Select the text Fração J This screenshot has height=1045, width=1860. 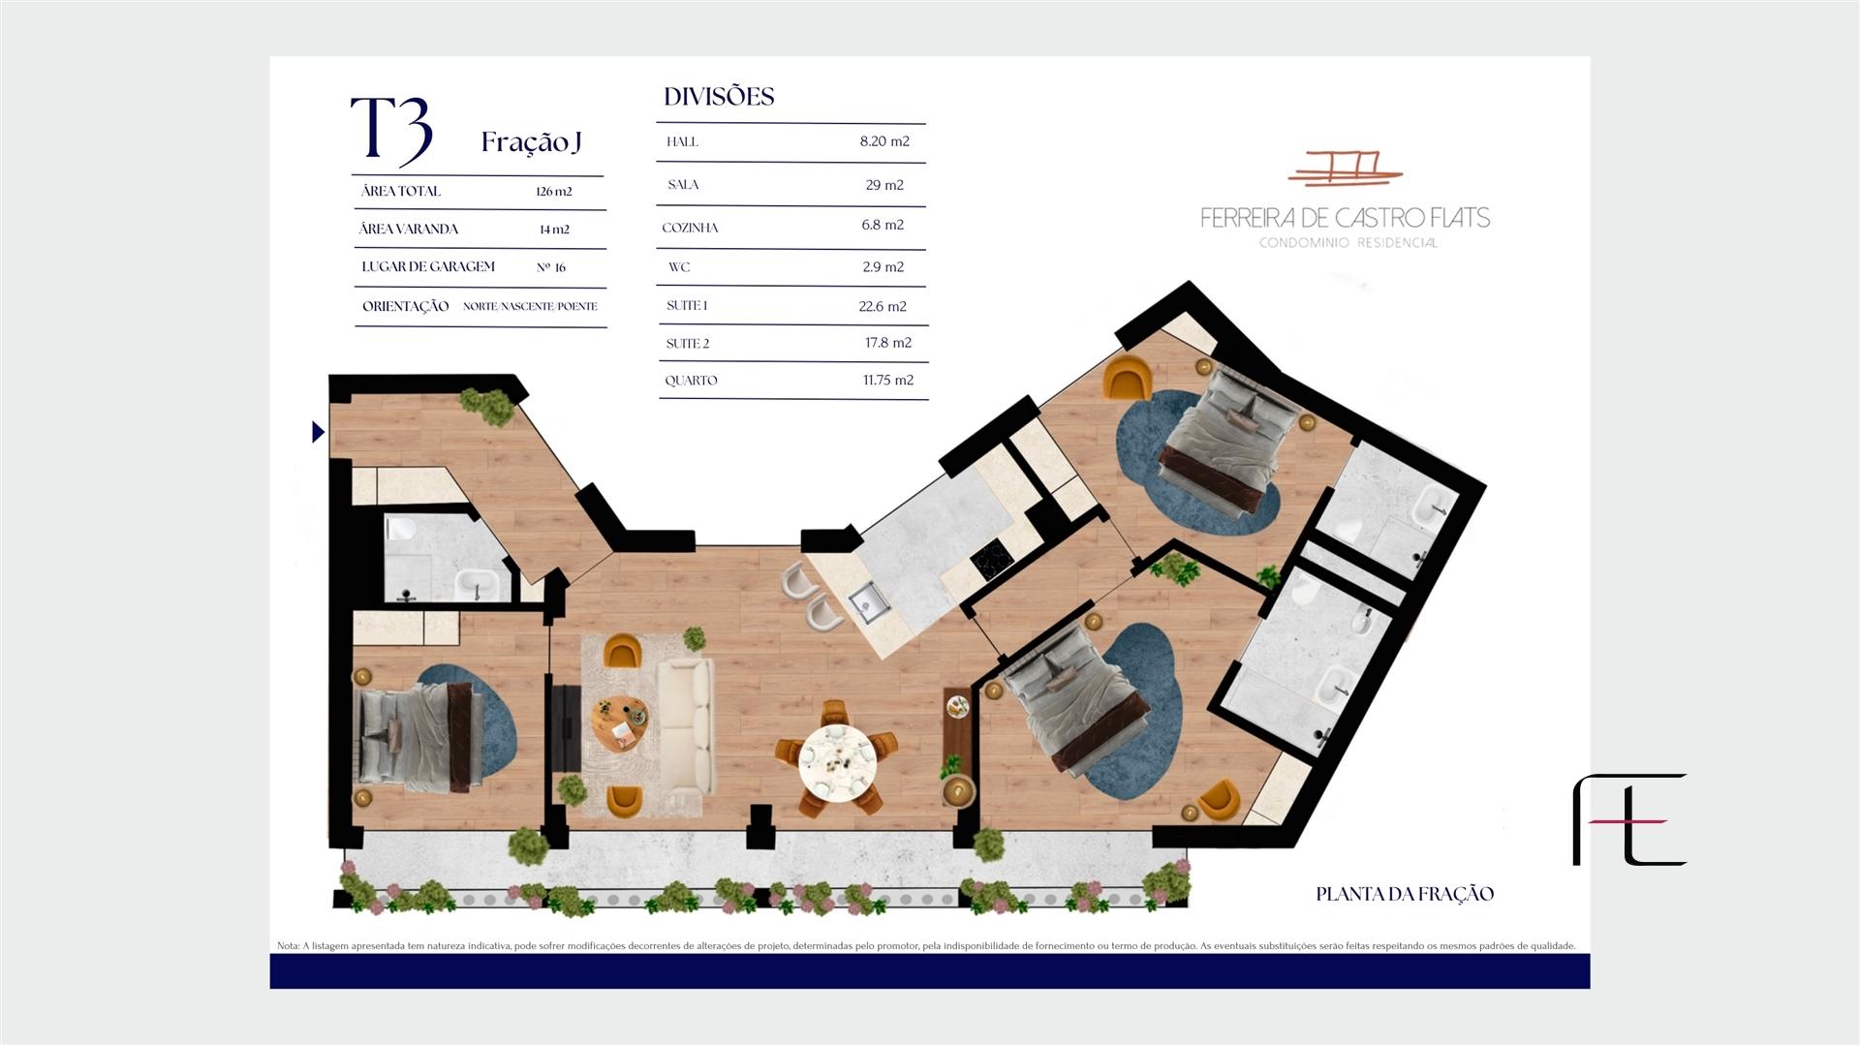pyautogui.click(x=531, y=142)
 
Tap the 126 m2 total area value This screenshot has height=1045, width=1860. pyautogui.click(x=554, y=192)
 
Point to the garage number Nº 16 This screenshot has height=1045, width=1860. pyautogui.click(x=551, y=267)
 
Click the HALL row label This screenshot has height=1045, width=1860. pyautogui.click(x=682, y=142)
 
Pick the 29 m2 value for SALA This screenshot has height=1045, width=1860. pyautogui.click(x=884, y=185)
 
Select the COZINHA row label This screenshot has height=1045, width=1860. pyautogui.click(x=691, y=229)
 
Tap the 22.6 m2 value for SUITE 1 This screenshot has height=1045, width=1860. pyautogui.click(x=883, y=307)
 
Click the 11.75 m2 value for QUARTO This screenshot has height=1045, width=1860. pyautogui.click(x=888, y=381)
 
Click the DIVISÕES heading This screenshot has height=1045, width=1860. pyautogui.click(x=719, y=97)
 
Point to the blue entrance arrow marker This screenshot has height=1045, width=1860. pyautogui.click(x=318, y=432)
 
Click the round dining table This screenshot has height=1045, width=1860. pyautogui.click(x=837, y=760)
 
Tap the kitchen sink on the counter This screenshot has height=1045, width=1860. pyautogui.click(x=870, y=602)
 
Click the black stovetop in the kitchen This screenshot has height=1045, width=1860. pyautogui.click(x=991, y=559)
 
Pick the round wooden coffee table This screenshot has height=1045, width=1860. pyautogui.click(x=620, y=722)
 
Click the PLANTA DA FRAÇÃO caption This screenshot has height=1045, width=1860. pyautogui.click(x=1405, y=894)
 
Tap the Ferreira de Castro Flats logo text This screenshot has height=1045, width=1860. pyautogui.click(x=1346, y=217)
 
